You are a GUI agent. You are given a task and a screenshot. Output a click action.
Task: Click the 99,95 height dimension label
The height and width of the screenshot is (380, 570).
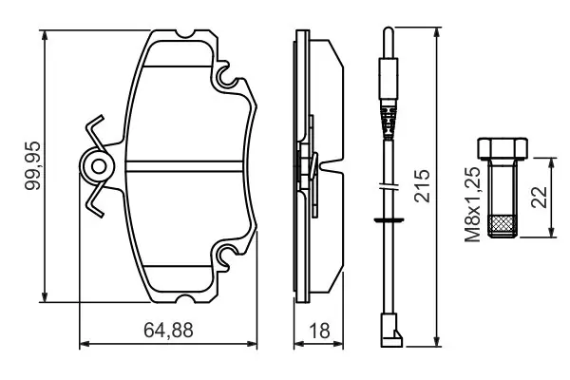coord(32,165)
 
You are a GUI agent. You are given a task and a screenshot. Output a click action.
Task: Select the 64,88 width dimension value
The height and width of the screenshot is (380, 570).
coord(168,331)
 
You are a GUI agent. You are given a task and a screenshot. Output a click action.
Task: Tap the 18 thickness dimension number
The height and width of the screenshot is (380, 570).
coord(319,331)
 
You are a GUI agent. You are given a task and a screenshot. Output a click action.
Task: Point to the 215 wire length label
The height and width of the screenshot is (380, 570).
coord(422,185)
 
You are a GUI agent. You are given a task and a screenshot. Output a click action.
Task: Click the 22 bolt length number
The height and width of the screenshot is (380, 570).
coord(539,197)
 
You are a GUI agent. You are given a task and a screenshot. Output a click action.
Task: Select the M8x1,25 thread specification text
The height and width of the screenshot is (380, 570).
coord(473,204)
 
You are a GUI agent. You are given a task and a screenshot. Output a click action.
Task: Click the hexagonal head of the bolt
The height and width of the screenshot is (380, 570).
coord(503,148)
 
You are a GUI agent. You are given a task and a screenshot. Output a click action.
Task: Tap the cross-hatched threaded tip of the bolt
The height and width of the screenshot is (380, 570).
coord(503,226)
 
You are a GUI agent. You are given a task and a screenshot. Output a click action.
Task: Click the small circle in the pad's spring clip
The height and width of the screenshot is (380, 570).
coord(99,167)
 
